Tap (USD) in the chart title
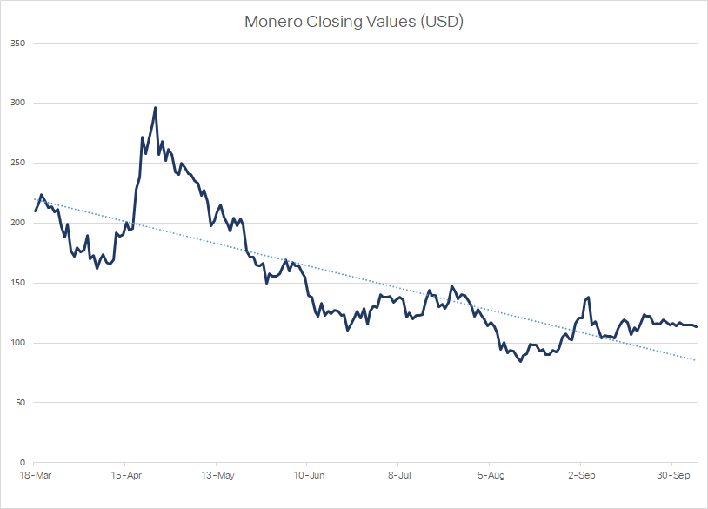pyautogui.click(x=441, y=22)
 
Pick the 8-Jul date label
pyautogui.click(x=398, y=476)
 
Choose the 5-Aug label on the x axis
pyautogui.click(x=490, y=476)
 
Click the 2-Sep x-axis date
pyautogui.click(x=581, y=476)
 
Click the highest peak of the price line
pyautogui.click(x=155, y=108)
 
